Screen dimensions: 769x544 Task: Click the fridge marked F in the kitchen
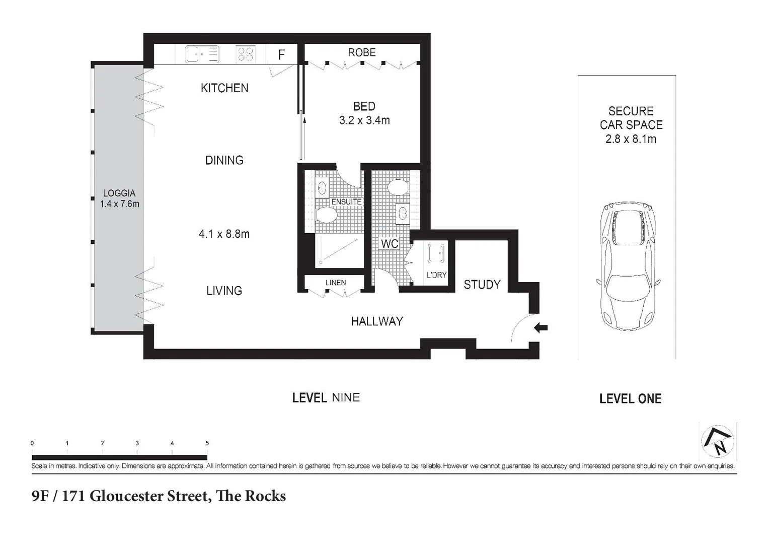(x=281, y=54)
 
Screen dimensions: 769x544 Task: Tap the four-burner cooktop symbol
(x=246, y=54)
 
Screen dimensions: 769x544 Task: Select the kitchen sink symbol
(x=202, y=54)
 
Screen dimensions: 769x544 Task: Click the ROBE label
(x=362, y=52)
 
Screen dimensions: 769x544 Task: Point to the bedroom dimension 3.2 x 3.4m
(x=364, y=120)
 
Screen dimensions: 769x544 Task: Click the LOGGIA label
(x=119, y=193)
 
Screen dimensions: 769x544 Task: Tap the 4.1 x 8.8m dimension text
(x=224, y=234)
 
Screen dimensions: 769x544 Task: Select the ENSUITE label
(x=346, y=201)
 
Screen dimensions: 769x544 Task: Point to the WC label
(x=390, y=244)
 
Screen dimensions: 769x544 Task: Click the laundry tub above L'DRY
(x=436, y=253)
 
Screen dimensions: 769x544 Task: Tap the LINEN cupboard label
(x=335, y=283)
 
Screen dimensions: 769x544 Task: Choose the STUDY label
(x=482, y=285)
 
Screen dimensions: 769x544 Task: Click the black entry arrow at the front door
(x=541, y=328)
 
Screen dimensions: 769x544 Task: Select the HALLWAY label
(x=377, y=321)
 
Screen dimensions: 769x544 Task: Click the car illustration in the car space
(x=628, y=266)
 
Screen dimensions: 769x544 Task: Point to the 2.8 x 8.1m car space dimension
(x=631, y=139)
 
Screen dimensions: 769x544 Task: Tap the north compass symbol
(x=718, y=442)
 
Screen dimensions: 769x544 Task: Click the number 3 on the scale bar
(x=137, y=443)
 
